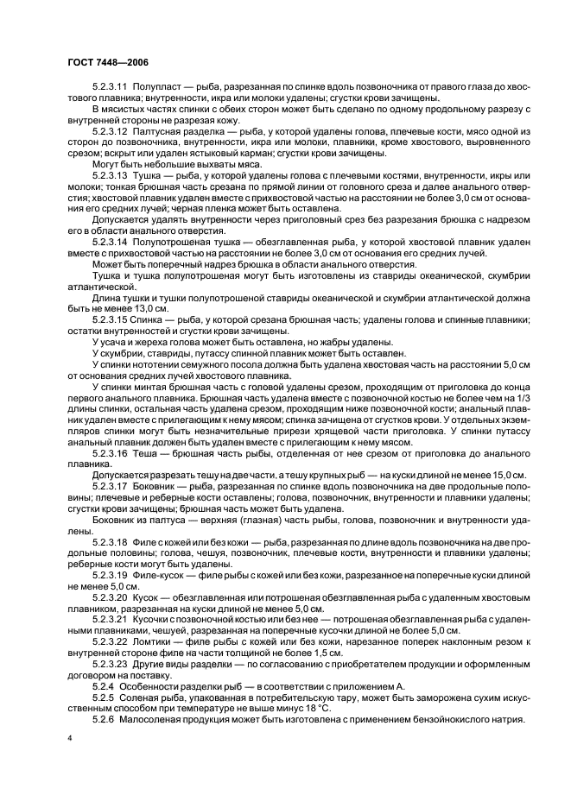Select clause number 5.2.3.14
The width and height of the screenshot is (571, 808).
click(110, 243)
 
